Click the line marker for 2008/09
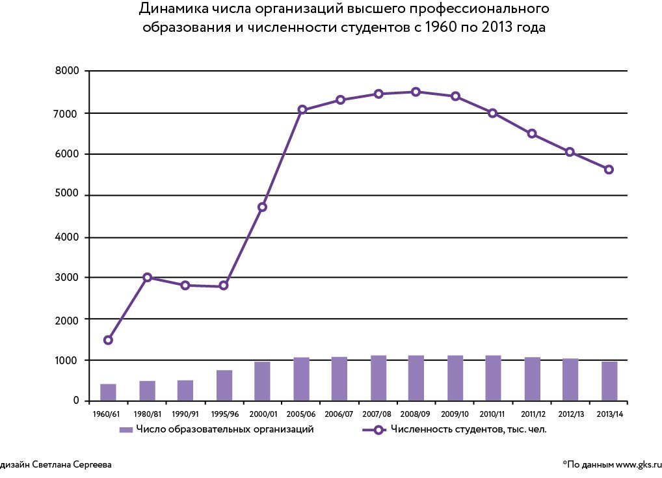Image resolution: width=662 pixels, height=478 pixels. click(416, 92)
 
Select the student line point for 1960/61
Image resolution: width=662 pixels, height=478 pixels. click(108, 340)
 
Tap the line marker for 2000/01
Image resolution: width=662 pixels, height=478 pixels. click(262, 207)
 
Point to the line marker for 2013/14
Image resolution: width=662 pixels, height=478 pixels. click(609, 170)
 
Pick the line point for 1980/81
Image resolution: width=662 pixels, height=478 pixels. click(147, 278)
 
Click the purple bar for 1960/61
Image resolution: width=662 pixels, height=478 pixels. click(108, 392)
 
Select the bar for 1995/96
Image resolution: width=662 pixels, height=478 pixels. click(224, 385)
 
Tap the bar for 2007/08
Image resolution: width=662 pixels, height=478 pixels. click(378, 378)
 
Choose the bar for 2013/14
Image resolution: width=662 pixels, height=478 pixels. click(609, 381)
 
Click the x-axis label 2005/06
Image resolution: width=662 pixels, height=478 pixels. click(301, 414)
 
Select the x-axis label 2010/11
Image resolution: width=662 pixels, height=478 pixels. click(492, 414)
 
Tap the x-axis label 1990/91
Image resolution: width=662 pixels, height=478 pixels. click(185, 414)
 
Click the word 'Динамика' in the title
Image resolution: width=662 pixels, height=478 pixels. click(167, 10)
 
